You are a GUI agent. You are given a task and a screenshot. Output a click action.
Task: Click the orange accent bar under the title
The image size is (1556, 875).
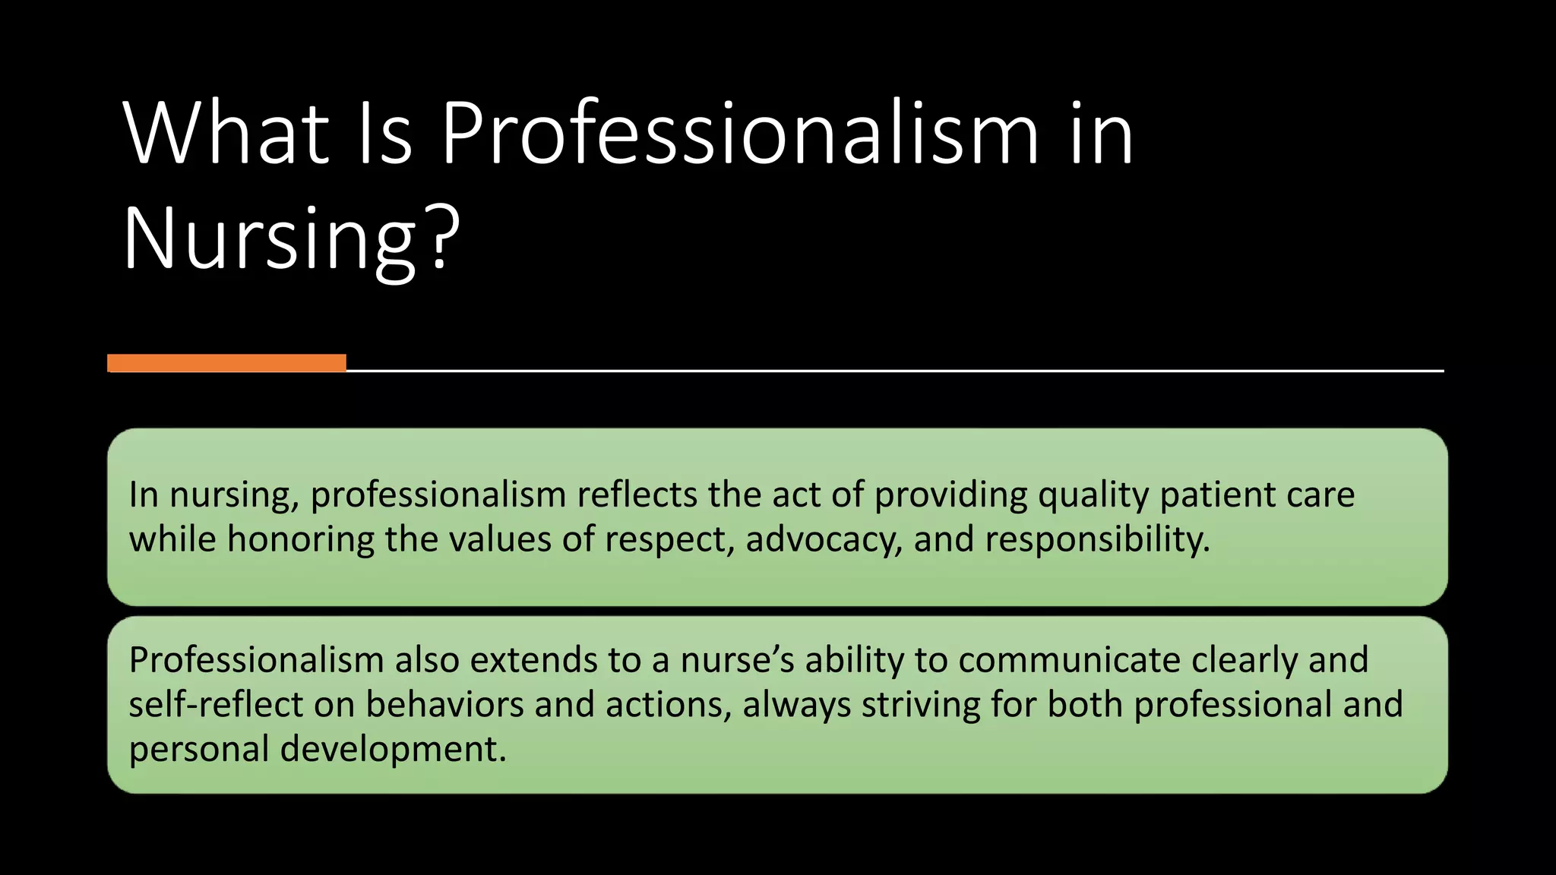click(226, 363)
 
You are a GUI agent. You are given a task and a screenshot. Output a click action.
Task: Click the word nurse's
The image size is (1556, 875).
click(737, 660)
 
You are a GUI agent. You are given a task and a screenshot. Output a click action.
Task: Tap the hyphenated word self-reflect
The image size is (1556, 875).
click(216, 704)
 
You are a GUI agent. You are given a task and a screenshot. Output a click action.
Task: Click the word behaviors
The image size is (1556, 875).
click(444, 704)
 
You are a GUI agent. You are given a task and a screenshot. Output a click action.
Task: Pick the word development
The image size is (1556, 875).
click(393, 750)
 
